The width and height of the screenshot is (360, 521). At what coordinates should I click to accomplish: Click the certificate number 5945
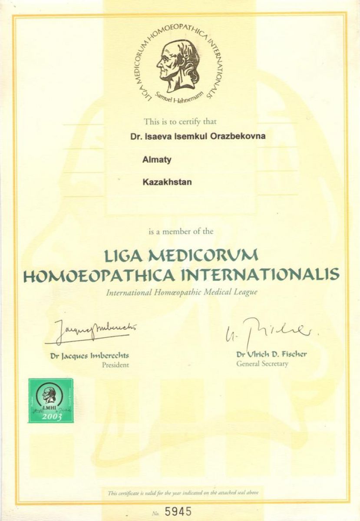178,511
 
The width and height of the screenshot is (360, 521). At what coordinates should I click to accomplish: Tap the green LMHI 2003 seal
51,400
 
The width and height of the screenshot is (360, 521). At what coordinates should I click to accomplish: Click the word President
115,365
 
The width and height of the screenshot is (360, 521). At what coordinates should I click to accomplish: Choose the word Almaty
157,160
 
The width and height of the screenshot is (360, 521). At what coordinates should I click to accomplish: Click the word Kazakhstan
167,182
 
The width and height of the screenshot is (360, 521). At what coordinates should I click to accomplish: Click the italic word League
246,292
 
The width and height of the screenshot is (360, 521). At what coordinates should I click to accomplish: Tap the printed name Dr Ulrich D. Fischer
271,354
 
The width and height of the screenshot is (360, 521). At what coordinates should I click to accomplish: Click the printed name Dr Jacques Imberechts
89,356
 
